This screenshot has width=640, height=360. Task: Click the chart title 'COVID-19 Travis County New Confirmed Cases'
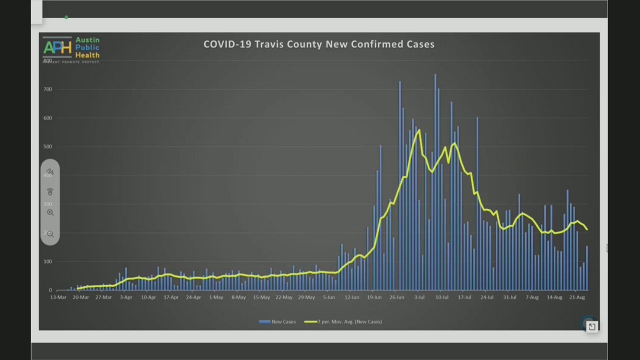(319, 44)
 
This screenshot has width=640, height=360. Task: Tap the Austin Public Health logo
(71, 48)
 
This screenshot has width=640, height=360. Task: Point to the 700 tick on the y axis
(47, 89)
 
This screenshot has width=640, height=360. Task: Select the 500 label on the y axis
(47, 146)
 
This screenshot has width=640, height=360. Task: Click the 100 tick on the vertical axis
(47, 261)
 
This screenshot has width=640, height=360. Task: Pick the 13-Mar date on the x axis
(58, 297)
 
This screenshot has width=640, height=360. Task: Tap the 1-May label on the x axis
(216, 297)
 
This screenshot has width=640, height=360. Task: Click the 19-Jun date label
(374, 297)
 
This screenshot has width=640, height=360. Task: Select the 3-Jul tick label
(419, 297)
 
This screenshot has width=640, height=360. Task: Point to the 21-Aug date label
(577, 297)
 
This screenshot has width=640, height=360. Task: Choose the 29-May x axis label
(306, 297)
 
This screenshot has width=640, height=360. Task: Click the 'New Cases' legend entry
(277, 321)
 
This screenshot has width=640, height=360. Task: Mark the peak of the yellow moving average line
(418, 130)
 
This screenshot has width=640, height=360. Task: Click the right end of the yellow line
(586, 229)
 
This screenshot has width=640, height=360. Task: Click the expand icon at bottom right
(592, 326)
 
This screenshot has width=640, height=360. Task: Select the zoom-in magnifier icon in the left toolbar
(50, 212)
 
